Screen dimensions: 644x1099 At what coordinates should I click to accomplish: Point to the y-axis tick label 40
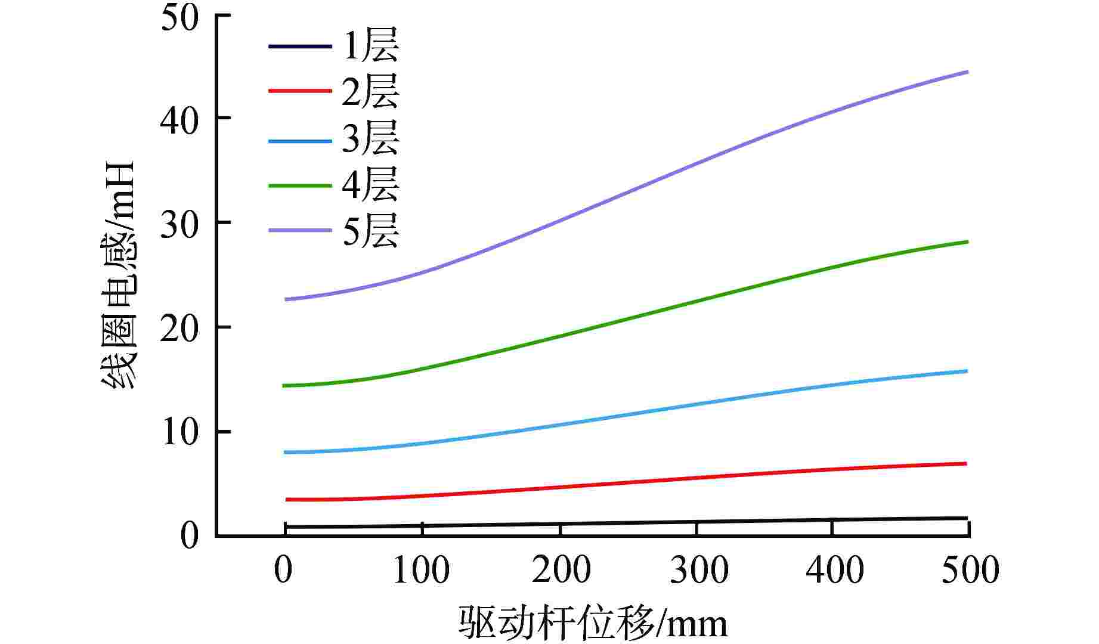coord(179,120)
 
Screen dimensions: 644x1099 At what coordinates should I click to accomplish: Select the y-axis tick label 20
coord(179,329)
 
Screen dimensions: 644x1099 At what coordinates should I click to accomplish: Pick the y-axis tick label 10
coord(179,434)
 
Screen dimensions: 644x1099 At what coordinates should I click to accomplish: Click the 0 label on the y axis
coord(189,536)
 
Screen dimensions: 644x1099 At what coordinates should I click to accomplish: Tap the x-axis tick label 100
coord(421,570)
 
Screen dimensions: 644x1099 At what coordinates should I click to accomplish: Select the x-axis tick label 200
coord(561,570)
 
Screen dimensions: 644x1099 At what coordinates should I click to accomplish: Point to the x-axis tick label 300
coord(699,570)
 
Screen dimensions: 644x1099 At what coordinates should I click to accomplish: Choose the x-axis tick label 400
coord(834,570)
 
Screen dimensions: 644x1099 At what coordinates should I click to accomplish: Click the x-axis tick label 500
coord(970,570)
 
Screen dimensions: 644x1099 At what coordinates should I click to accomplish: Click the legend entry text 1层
coord(370,46)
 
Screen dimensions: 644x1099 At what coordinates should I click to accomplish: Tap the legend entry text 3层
coord(370,139)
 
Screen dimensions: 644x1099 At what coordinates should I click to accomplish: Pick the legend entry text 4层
coord(370,185)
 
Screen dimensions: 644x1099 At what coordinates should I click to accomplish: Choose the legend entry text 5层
coord(370,231)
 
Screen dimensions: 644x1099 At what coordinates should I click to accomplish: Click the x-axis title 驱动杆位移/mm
coord(593,624)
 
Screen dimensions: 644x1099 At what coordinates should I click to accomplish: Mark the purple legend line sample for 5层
coord(299,230)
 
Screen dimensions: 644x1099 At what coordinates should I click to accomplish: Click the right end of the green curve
coord(966,241)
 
